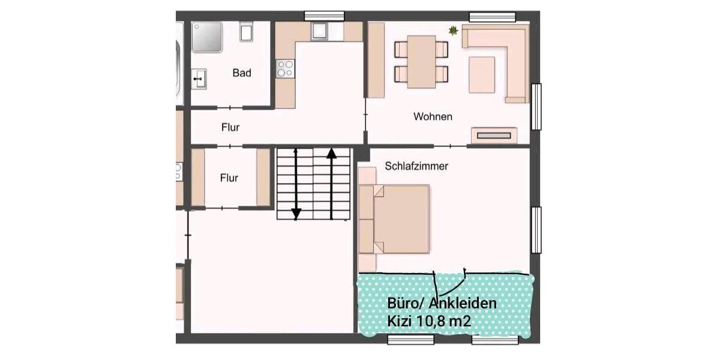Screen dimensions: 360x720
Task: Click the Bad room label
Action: (242, 73)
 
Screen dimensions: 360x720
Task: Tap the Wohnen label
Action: (433, 116)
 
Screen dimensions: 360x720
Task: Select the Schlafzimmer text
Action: (416, 166)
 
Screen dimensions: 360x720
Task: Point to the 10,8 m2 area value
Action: (445, 322)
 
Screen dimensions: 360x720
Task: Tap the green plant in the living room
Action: (453, 30)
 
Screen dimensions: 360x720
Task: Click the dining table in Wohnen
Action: (421, 61)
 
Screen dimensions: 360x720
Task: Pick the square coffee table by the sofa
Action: (481, 74)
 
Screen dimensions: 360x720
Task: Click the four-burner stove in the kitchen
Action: (285, 68)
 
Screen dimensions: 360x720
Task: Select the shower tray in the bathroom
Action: (207, 37)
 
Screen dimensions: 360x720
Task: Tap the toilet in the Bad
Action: (246, 31)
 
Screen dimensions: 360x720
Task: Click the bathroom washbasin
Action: (199, 79)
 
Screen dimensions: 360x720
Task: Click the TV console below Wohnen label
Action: (493, 136)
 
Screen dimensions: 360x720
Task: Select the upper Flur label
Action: (230, 127)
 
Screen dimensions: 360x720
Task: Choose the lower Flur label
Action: (229, 178)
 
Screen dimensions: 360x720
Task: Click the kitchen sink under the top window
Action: (319, 31)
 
